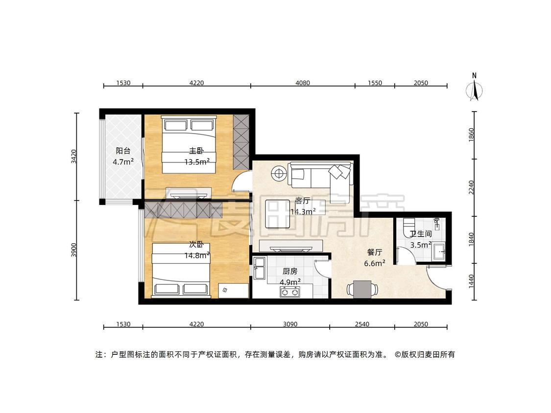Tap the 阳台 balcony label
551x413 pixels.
point(123,151)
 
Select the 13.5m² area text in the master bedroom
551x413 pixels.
point(197,162)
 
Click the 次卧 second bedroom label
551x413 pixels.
point(196,245)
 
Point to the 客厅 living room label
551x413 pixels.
point(302,201)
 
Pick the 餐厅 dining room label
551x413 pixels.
point(375,252)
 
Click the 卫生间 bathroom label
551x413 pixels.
point(421,234)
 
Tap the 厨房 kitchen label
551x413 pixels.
point(290,271)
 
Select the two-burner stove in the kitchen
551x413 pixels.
point(290,292)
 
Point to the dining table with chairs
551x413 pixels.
point(362,289)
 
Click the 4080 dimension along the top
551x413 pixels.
point(303,83)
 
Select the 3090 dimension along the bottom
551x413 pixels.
point(290,324)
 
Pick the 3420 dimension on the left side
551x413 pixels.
point(73,157)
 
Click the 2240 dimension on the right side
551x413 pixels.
point(471,187)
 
